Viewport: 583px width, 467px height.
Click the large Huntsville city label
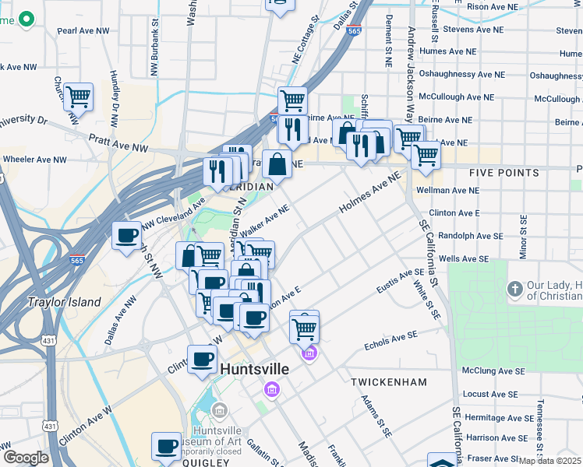tap(255, 369)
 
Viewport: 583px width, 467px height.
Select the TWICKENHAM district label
tap(389, 382)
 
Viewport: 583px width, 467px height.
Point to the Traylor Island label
tap(65, 302)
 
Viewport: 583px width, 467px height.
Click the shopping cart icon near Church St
tap(78, 97)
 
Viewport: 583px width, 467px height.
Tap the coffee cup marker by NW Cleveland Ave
tap(126, 235)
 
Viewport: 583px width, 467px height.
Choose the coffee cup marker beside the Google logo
tap(166, 446)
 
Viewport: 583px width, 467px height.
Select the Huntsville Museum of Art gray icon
tap(219, 410)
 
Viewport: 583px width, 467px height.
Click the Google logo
tap(25, 458)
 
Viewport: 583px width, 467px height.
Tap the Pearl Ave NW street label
tap(82, 32)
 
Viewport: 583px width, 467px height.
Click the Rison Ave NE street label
tap(492, 7)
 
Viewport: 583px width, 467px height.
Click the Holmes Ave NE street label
tap(369, 195)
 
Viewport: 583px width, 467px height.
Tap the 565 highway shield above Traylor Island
tap(76, 261)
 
